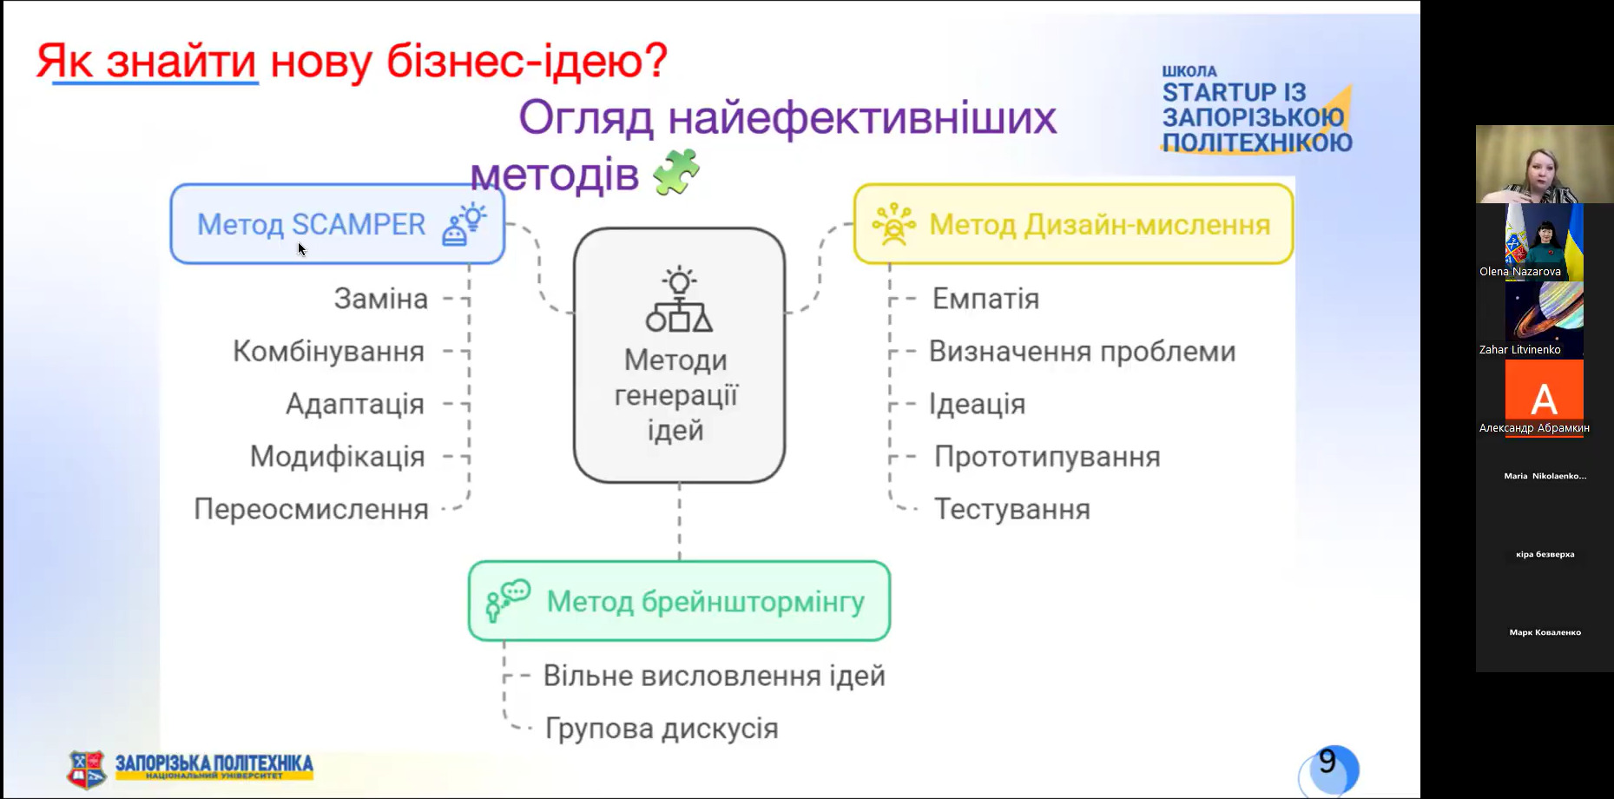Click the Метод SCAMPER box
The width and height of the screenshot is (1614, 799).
(x=337, y=224)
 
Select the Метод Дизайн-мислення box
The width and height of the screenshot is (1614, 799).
(x=1073, y=224)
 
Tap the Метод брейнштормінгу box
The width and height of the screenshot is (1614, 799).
(x=679, y=601)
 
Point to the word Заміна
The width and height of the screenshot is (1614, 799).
(x=380, y=299)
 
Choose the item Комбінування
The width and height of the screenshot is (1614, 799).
(x=328, y=352)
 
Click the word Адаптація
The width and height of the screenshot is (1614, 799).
(x=354, y=404)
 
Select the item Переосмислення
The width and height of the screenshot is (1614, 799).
(x=311, y=509)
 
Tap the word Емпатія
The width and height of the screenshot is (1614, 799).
(x=985, y=299)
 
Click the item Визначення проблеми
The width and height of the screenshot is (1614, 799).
(x=1082, y=352)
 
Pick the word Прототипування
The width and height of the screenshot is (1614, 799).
(x=1047, y=457)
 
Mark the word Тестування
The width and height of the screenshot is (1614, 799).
(x=1011, y=509)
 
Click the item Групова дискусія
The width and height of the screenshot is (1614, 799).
(x=662, y=728)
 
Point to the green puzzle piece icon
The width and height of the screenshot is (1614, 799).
(x=676, y=171)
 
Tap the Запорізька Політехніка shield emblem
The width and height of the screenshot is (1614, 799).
(x=87, y=769)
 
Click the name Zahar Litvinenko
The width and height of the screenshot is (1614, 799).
(x=1519, y=349)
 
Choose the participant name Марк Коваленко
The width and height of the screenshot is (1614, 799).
(x=1545, y=632)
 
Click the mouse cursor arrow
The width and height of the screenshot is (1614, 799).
(x=301, y=249)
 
